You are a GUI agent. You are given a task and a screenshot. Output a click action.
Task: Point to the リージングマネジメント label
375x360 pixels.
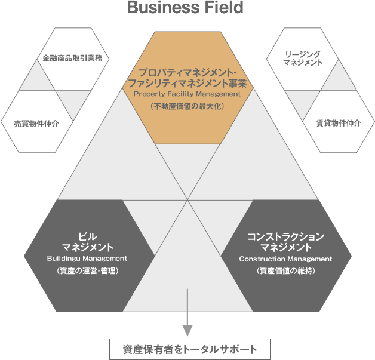(x=303, y=58)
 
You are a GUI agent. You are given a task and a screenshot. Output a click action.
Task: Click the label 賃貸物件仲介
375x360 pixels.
(x=339, y=124)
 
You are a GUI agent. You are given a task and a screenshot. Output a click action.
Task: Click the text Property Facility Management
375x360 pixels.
(x=187, y=94)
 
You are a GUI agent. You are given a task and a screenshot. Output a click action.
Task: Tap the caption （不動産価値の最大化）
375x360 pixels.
(x=187, y=106)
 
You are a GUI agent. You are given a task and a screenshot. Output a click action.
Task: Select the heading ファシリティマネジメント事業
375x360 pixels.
(x=187, y=82)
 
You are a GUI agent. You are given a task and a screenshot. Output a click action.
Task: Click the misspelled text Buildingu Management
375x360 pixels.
(x=87, y=258)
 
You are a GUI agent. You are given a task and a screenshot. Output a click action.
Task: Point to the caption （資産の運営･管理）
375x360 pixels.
(x=87, y=270)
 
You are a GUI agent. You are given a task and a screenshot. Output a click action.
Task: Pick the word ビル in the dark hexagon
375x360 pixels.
(x=87, y=236)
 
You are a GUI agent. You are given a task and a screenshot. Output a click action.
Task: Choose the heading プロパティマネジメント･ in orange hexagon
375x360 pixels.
(x=187, y=71)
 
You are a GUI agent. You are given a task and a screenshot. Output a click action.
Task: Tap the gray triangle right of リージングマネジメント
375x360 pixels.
(x=338, y=76)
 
